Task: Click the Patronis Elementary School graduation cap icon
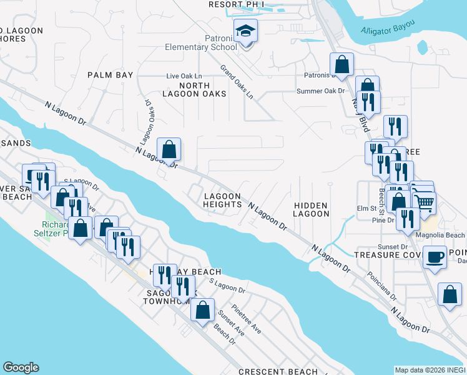coord(246,30)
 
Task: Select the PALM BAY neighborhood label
coord(111,75)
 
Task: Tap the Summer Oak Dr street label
coord(320,91)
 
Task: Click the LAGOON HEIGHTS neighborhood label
coord(222,200)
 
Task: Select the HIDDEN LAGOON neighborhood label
coord(311,209)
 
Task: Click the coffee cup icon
coord(435,256)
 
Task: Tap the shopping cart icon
coord(424,201)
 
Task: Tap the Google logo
coord(21,367)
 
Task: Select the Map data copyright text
coord(430,370)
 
